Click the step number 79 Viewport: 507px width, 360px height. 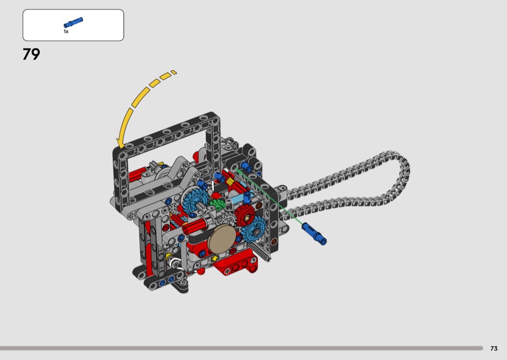[31, 54]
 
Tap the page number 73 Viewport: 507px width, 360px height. [494, 348]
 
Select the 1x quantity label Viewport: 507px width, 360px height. [66, 32]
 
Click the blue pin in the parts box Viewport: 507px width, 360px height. [73, 23]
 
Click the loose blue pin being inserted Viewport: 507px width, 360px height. [314, 234]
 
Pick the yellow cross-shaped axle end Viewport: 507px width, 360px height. [214, 258]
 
